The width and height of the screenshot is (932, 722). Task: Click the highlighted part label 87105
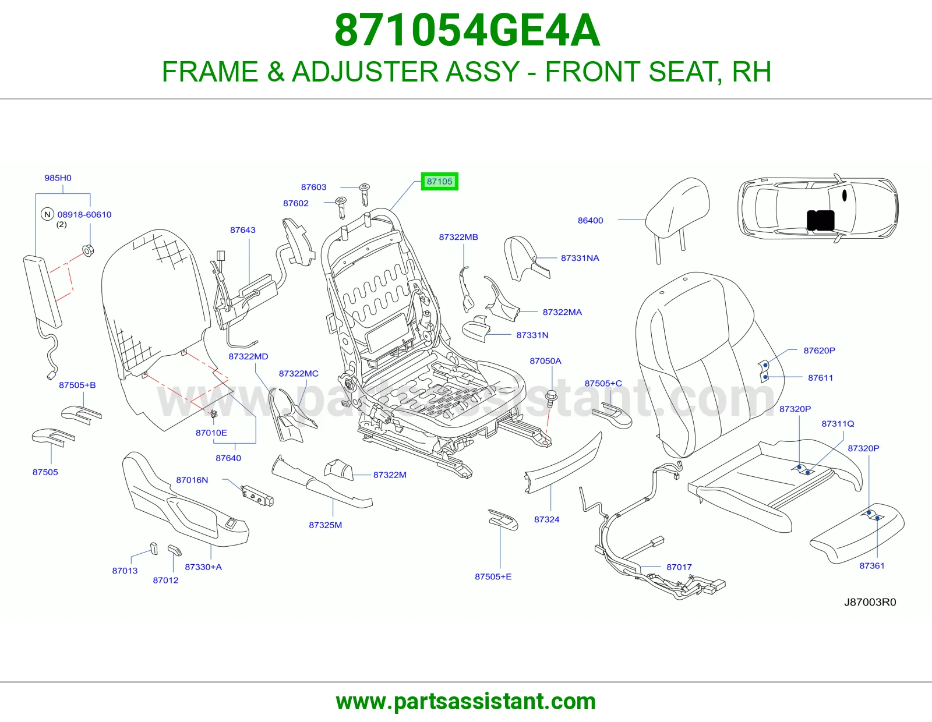tap(440, 181)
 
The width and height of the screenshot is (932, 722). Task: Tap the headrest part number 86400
tap(590, 220)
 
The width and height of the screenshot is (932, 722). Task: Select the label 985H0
tap(58, 178)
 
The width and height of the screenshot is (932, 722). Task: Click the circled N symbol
tap(47, 214)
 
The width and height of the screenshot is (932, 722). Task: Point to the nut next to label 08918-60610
tap(88, 250)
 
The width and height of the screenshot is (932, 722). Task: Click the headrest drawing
tap(676, 214)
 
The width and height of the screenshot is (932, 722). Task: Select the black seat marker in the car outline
tap(821, 220)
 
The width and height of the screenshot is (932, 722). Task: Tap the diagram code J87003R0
tap(870, 602)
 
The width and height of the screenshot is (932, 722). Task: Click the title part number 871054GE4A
tap(467, 30)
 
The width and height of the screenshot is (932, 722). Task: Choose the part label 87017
tap(679, 567)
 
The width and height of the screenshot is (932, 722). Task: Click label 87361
tap(872, 566)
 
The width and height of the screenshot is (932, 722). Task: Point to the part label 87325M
tap(326, 525)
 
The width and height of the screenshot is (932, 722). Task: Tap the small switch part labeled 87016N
tap(257, 497)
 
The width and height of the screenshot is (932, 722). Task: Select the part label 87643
tap(243, 230)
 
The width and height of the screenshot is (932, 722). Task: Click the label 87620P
tap(819, 351)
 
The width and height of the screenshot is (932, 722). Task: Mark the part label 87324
tap(547, 519)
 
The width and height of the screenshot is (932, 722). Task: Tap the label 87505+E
tap(493, 576)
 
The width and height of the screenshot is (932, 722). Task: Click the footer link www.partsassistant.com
tap(466, 702)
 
